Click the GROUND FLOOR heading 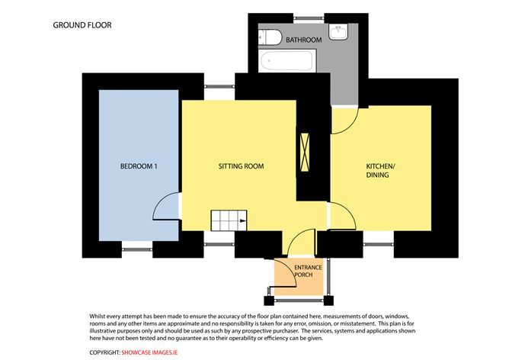point(82,25)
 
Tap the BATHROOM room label point(304,40)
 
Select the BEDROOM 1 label point(139,166)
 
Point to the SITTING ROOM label point(241,166)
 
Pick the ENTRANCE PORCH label point(308,271)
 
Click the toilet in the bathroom point(270,37)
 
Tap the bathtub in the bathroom point(287,60)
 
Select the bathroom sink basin point(338,32)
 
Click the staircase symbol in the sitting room point(229,220)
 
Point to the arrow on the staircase point(243,221)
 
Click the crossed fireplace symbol point(305,152)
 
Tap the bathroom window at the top point(309,18)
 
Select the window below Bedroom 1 point(137,249)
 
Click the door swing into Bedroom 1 point(166,207)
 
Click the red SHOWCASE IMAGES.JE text point(149,352)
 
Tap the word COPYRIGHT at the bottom point(105,352)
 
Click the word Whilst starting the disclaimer point(97,316)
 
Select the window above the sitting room point(219,86)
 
